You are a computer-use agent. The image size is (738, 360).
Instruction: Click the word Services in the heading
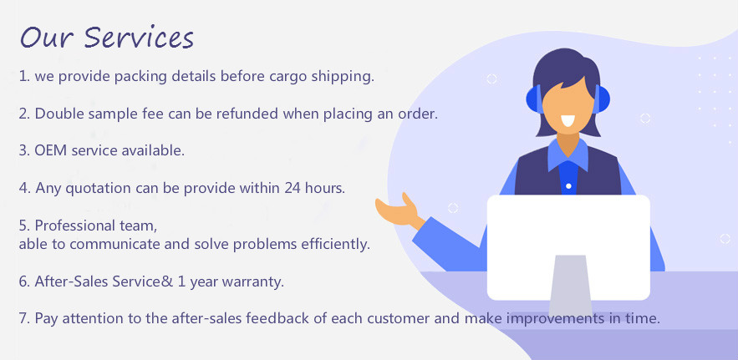[139, 38]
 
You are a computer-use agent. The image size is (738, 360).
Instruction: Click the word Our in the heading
[47, 38]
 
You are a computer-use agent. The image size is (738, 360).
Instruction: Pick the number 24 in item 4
[293, 188]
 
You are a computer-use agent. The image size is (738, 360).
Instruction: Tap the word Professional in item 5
[75, 226]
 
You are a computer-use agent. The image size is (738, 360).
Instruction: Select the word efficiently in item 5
[334, 245]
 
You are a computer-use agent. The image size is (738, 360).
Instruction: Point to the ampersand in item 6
[169, 281]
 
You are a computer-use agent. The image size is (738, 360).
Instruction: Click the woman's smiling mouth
[567, 121]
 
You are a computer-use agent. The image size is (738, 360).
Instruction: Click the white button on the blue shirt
[568, 186]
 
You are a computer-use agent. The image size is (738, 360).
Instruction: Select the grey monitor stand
[570, 286]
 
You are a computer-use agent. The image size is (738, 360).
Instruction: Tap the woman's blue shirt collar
[568, 155]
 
